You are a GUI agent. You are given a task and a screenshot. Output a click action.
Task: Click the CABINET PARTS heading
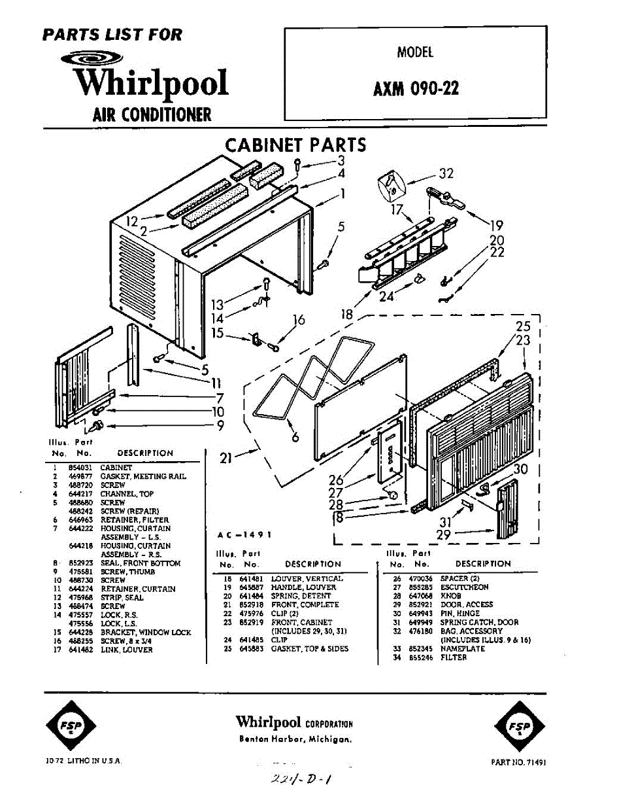point(295,145)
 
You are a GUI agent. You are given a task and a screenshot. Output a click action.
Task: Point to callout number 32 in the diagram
point(446,173)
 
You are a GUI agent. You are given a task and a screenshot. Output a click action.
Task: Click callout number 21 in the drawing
point(226,459)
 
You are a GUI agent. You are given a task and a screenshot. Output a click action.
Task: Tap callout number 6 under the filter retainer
point(295,436)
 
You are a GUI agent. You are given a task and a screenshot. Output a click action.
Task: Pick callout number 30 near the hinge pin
point(520,469)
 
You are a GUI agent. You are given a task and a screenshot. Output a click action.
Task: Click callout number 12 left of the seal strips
point(132,222)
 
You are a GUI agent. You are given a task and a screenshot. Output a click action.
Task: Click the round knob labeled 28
point(393,495)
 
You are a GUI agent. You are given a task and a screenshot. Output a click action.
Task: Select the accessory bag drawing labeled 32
point(391,186)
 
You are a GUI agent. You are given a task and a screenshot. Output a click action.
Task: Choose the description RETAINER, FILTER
point(135,519)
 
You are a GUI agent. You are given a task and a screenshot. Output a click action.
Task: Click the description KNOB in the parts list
point(452,596)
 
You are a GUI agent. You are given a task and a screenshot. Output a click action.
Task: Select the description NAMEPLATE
point(463,648)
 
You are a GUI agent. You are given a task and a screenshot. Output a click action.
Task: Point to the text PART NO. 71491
point(518,762)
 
